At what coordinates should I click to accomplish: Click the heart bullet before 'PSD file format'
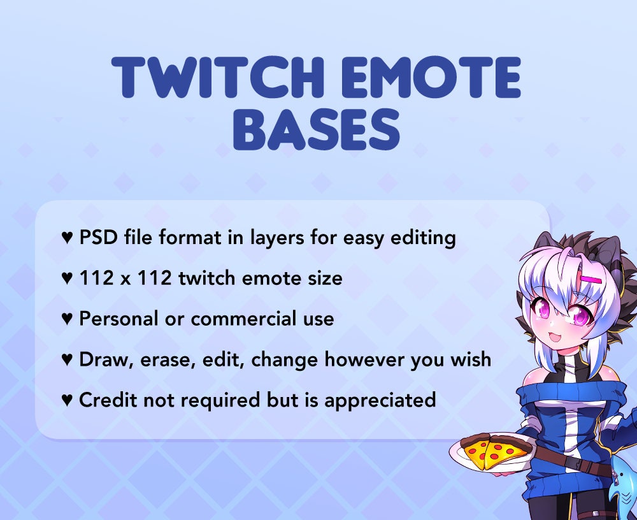point(67,238)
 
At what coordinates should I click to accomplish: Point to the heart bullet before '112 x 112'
point(67,278)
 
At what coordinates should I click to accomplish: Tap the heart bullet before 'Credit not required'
point(67,400)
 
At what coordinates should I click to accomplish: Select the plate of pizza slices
point(489,451)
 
